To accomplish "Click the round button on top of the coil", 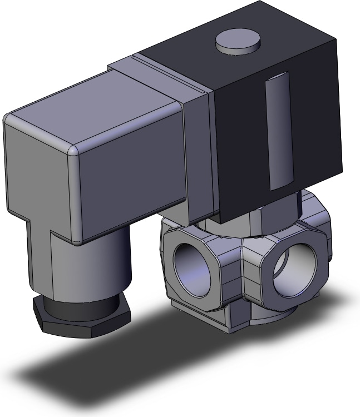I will pos(238,42).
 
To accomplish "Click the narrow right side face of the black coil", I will pos(323,128).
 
